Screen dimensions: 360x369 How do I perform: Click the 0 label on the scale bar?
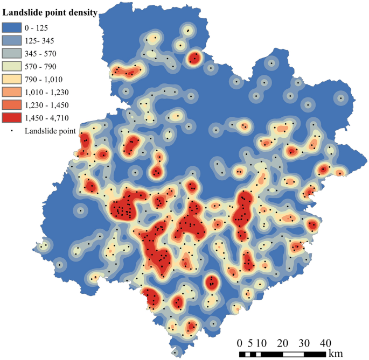240,343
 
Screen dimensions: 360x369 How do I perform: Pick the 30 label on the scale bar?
305,343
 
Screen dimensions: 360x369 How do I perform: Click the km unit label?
335,354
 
